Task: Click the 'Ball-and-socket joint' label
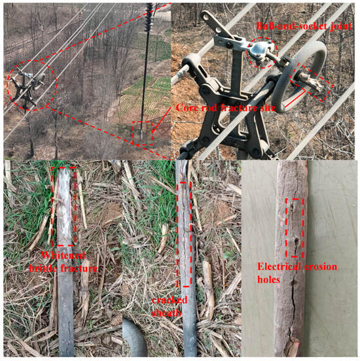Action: [304, 26]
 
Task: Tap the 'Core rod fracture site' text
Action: [226, 108]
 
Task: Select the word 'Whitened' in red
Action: [63, 255]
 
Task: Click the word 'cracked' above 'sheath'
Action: [170, 300]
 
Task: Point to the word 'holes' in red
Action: [268, 279]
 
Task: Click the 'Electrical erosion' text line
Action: [297, 267]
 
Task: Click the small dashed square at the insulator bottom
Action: [142, 133]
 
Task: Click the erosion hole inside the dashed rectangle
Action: [297, 241]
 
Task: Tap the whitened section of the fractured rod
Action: [63, 206]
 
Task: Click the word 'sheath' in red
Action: [166, 313]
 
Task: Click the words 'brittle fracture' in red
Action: [63, 268]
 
